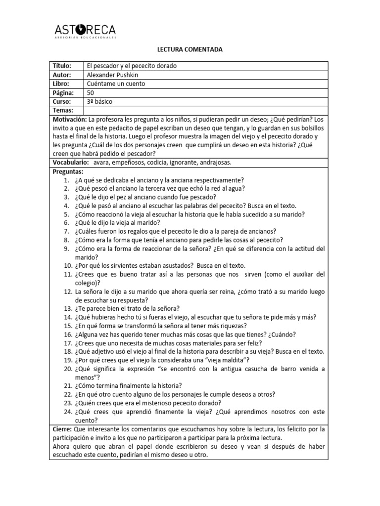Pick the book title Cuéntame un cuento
coord(115,84)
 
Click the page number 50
coord(90,92)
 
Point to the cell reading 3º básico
coord(99,101)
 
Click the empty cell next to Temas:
coord(205,110)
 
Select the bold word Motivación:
coord(69,120)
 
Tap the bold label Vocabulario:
coord(71,162)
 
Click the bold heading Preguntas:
coord(68,171)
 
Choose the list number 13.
coord(68,308)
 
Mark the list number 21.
coord(68,385)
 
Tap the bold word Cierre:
coord(62,429)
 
